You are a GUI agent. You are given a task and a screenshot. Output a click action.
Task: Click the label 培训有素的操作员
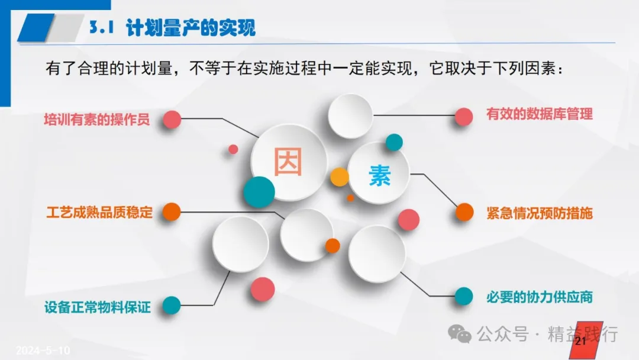click(x=97, y=120)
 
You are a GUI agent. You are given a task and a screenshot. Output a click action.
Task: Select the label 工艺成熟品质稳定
click(x=99, y=213)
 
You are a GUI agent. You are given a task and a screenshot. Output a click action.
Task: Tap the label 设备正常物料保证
click(x=98, y=307)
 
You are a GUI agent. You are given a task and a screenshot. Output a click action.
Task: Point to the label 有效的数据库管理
click(x=539, y=114)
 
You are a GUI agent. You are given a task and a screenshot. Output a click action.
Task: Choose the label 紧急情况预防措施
click(x=540, y=213)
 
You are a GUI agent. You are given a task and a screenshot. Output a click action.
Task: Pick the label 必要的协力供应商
click(x=539, y=297)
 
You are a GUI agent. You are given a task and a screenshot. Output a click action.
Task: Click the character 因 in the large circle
click(x=288, y=162)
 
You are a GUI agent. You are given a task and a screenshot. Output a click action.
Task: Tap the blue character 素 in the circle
click(x=380, y=176)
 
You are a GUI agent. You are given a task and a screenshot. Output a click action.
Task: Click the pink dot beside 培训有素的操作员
click(x=172, y=120)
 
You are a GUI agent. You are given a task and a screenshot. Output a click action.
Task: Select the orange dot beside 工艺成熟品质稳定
click(x=172, y=212)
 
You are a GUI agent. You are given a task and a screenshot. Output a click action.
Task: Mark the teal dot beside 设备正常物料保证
click(x=172, y=306)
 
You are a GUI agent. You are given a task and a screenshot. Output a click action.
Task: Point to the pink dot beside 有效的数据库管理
click(x=464, y=117)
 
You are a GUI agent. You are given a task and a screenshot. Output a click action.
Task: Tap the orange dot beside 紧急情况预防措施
click(x=464, y=212)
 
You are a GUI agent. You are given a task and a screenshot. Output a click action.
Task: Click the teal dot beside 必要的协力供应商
click(x=464, y=297)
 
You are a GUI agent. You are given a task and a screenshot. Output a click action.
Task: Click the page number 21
click(x=580, y=341)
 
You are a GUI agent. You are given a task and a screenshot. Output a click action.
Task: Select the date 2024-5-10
click(x=43, y=350)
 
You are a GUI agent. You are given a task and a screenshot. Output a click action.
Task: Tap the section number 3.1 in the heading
click(x=102, y=27)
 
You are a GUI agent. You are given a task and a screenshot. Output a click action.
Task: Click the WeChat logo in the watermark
click(x=460, y=334)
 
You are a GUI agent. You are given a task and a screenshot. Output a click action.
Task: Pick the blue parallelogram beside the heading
click(x=36, y=27)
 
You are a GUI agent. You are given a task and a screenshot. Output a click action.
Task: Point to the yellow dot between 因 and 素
click(x=340, y=177)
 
